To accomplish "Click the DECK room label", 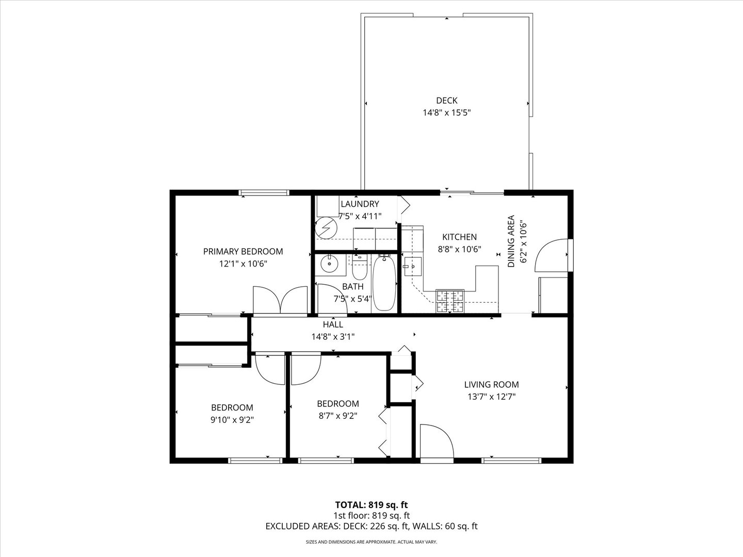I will [446, 101].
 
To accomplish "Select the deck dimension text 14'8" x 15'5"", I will [446, 112].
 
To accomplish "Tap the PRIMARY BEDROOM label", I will [243, 252].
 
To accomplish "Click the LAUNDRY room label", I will [360, 204].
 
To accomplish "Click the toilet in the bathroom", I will [359, 269].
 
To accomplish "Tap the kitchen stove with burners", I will [450, 302].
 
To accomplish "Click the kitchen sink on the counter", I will [413, 267].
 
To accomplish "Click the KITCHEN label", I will [459, 237].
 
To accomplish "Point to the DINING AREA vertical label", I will [511, 241].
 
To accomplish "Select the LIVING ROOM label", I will [491, 384].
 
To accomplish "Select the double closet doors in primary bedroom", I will [280, 300].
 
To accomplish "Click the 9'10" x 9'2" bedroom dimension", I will [232, 420].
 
